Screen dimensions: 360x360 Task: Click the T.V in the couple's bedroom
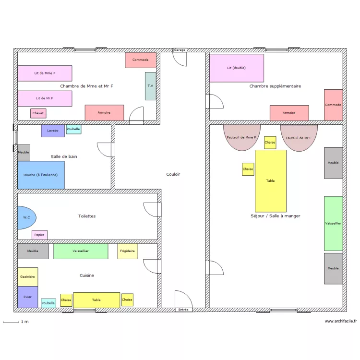point(151,86)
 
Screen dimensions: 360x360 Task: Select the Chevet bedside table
point(38,113)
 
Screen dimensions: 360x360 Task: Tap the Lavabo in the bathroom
point(53,131)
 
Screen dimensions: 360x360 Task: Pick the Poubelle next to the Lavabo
point(74,129)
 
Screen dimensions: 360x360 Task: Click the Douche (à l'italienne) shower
point(41,175)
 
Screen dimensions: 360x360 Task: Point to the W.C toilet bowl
point(27,217)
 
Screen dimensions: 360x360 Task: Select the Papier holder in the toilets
point(39,235)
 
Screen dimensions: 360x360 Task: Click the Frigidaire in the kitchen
point(128,251)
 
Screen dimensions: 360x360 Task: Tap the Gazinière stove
point(28,277)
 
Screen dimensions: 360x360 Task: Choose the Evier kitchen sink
point(28,297)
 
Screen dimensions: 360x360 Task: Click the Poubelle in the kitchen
point(48,303)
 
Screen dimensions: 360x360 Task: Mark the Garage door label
point(180,50)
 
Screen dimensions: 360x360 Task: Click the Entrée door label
point(183,310)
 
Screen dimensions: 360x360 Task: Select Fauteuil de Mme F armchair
point(242,138)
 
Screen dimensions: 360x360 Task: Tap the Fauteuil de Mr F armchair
point(299,138)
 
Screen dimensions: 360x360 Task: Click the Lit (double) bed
point(237,68)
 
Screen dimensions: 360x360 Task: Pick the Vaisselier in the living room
point(334,223)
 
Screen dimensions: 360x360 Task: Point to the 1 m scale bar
point(11,322)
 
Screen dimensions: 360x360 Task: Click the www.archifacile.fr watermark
point(341,321)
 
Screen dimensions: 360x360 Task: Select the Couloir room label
point(173,174)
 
